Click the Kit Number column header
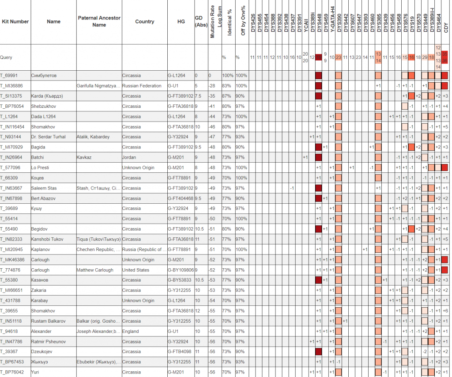15,22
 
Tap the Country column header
145,22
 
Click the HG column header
181,22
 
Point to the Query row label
6,57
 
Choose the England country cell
131,331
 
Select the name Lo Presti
40,168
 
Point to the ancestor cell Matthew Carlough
95,270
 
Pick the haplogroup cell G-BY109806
181,270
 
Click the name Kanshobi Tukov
47,239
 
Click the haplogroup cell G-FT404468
181,198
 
